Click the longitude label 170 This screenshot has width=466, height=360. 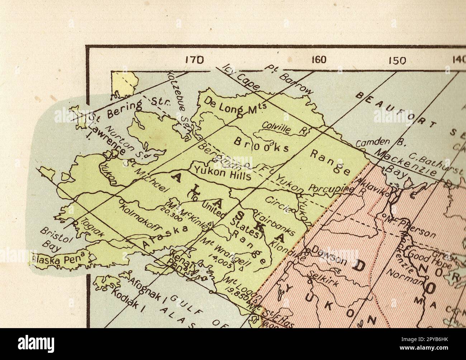[x=194, y=60]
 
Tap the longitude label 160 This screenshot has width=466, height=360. [x=318, y=59]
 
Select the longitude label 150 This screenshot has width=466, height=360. [x=397, y=60]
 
